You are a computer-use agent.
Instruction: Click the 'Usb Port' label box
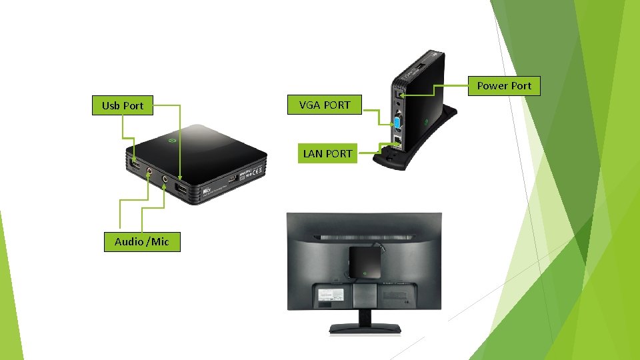(123, 105)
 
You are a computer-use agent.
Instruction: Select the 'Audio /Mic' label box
(142, 241)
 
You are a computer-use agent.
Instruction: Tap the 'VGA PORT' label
(324, 105)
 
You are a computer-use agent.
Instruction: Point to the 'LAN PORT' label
(327, 153)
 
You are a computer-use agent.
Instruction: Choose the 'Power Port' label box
(504, 85)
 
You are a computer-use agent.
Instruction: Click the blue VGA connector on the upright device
(397, 122)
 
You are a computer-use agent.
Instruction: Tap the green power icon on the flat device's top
(172, 141)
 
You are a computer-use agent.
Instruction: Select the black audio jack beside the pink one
(164, 179)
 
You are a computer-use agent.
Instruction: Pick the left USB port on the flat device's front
(133, 164)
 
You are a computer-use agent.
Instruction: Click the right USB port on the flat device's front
(181, 190)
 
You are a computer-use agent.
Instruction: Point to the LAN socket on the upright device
(397, 141)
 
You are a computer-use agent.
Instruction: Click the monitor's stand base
(364, 328)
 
